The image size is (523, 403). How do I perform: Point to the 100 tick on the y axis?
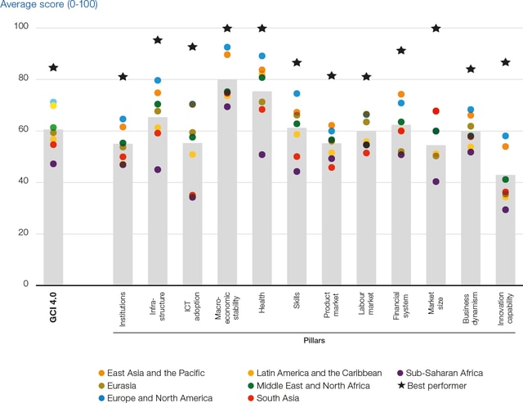(x=20, y=28)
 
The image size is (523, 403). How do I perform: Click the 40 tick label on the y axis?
(x=23, y=182)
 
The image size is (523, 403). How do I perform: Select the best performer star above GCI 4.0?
(x=53, y=68)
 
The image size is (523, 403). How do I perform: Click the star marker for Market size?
(x=436, y=29)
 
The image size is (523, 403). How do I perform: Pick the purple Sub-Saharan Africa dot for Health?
(x=261, y=154)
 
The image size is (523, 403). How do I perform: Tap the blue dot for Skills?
(x=297, y=94)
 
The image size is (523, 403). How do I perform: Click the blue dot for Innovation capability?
(x=505, y=137)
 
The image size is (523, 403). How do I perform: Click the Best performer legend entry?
(x=439, y=385)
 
